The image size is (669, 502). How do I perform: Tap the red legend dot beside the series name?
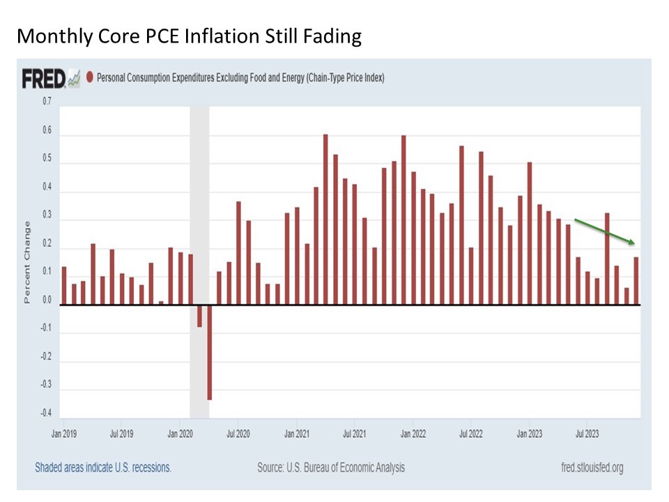coord(89,78)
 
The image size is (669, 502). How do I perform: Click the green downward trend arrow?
coord(603,231)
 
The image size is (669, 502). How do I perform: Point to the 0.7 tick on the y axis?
coord(47,102)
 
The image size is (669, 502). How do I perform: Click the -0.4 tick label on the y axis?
coord(46,413)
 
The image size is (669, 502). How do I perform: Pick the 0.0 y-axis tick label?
coord(47,301)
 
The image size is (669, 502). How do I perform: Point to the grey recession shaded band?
coord(199,209)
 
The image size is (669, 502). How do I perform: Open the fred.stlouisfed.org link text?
coord(592,468)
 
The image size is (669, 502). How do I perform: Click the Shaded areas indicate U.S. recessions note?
coord(102,468)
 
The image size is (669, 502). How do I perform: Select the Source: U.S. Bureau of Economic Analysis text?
coord(330,468)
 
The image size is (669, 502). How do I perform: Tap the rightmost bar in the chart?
coord(636,281)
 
